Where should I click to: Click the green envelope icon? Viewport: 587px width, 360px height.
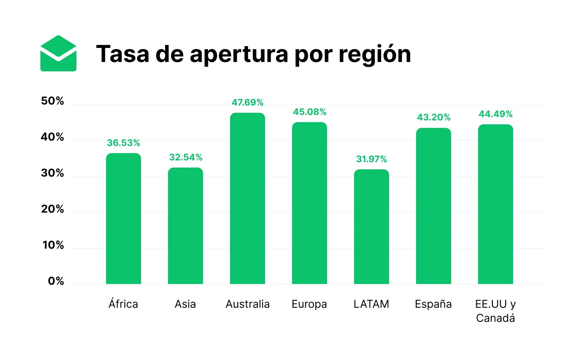[x=58, y=53]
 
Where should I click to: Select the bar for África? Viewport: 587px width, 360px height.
[x=123, y=218]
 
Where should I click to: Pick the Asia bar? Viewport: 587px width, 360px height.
[x=185, y=226]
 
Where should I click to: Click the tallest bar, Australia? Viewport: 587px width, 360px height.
[x=247, y=198]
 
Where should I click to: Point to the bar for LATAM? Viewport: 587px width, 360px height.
[x=371, y=227]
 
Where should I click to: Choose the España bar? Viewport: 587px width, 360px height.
[x=433, y=206]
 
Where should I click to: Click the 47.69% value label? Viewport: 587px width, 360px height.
[x=247, y=103]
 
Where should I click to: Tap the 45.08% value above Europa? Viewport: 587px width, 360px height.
[x=309, y=112]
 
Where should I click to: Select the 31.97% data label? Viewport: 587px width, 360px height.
[x=371, y=159]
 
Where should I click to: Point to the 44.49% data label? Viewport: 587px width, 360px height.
[x=495, y=114]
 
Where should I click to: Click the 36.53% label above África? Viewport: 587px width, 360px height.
[x=123, y=143]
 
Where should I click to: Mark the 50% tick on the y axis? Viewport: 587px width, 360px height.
[x=52, y=101]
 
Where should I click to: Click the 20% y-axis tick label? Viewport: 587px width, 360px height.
[x=52, y=209]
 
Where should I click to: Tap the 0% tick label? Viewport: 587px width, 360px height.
[x=56, y=281]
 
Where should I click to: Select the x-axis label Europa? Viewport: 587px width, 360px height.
[x=309, y=304]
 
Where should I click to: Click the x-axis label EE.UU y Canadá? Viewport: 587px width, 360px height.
[x=495, y=311]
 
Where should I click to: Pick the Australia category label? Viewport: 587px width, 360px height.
[x=247, y=304]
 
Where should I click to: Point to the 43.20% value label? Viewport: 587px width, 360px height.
[x=433, y=117]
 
